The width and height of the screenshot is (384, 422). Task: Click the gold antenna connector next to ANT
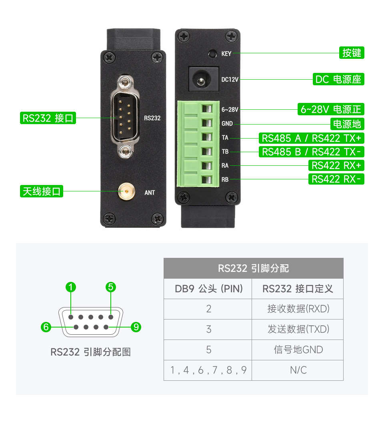point(126,192)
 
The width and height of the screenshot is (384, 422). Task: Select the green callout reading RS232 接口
point(48,118)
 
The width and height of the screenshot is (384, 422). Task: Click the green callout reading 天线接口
point(42,191)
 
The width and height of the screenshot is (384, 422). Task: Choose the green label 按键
point(352,53)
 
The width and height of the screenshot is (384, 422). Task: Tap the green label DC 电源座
point(338,79)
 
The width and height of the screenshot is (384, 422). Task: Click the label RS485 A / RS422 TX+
point(312,139)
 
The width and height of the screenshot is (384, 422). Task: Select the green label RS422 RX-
point(336,179)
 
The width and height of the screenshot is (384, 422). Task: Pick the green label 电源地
point(347,124)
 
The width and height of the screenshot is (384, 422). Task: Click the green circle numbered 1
point(71,287)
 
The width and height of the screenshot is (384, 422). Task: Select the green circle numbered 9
point(136,327)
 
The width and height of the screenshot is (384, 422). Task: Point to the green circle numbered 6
point(46,327)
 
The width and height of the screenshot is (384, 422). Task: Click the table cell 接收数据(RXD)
point(298,309)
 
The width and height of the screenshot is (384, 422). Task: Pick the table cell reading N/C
point(298,370)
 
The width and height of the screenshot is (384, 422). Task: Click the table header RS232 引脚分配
point(253,268)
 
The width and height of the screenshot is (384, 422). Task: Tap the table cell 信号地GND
point(298,350)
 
